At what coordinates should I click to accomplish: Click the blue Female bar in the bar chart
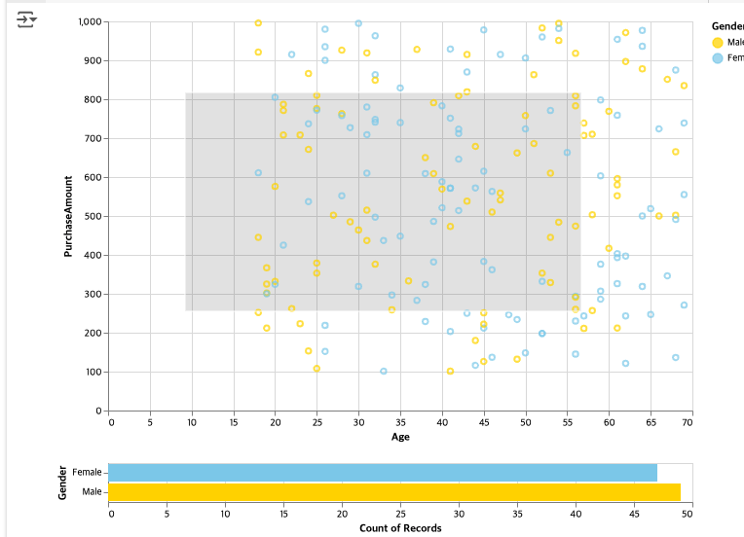click(x=383, y=472)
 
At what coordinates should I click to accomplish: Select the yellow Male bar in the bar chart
click(x=394, y=492)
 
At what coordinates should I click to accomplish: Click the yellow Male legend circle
click(x=718, y=42)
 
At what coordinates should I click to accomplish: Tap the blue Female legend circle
click(x=718, y=58)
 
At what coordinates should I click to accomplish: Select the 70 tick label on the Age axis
click(x=688, y=423)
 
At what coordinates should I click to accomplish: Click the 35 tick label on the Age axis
click(x=400, y=423)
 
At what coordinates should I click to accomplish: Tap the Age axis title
click(x=399, y=438)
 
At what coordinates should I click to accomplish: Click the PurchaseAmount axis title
click(x=68, y=216)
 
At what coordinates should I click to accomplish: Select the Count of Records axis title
click(x=399, y=528)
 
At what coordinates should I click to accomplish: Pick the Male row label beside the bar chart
click(x=91, y=492)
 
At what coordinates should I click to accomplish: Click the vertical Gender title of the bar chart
click(x=61, y=483)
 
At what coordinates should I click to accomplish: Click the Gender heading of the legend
click(x=727, y=25)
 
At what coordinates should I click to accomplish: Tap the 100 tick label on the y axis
click(x=94, y=372)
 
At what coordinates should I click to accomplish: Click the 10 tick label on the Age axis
click(x=193, y=423)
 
